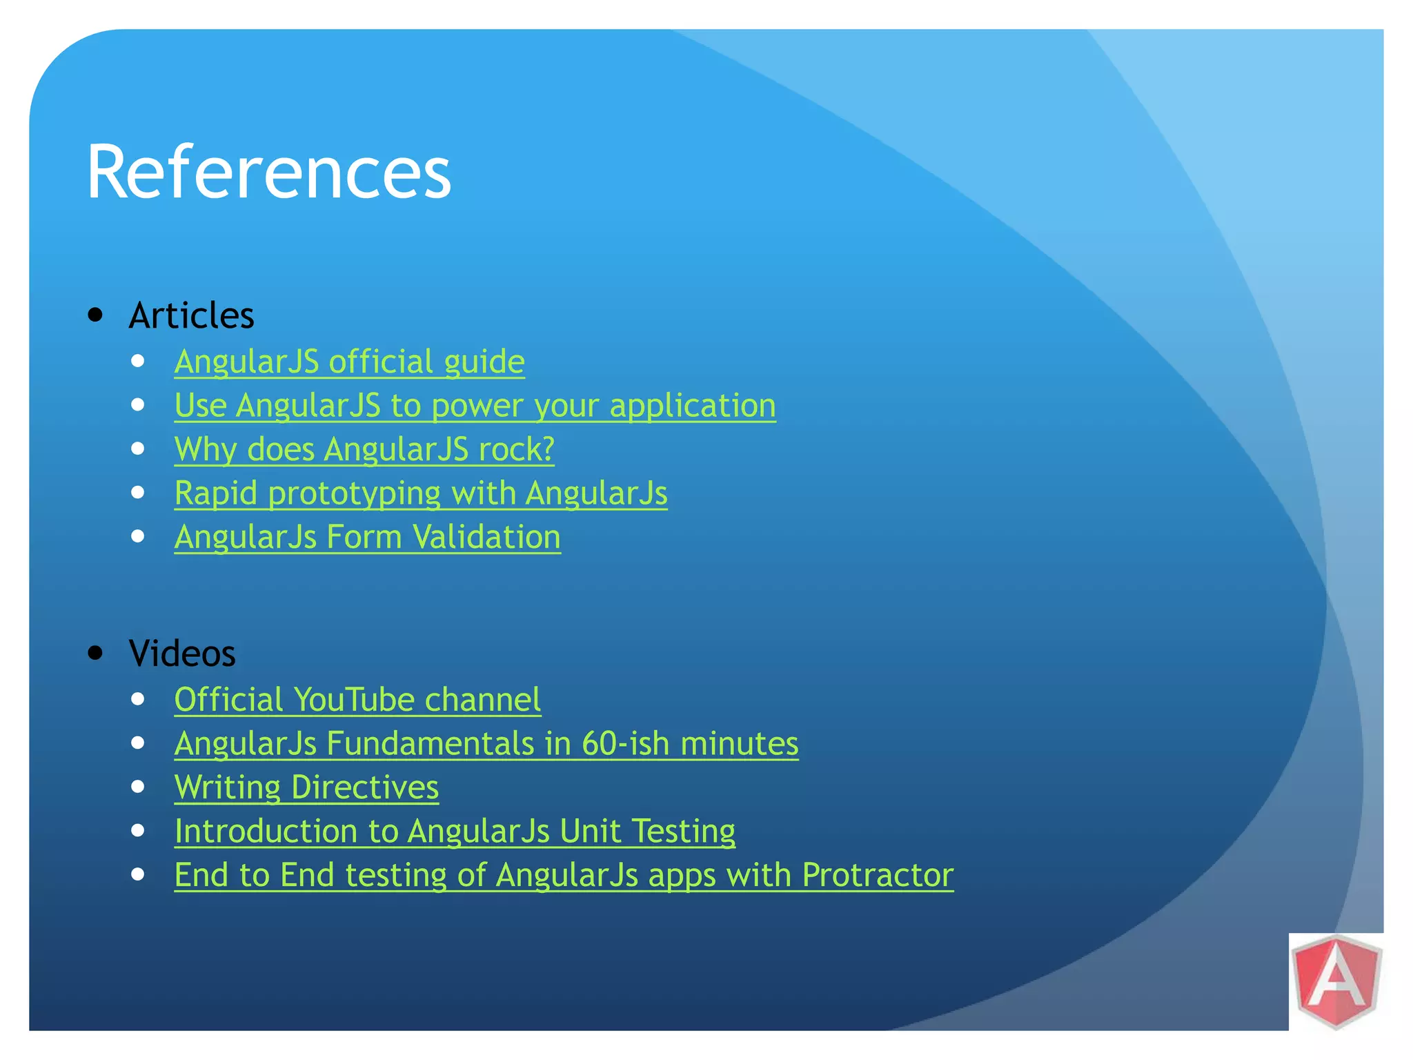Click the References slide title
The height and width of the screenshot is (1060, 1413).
pos(268,171)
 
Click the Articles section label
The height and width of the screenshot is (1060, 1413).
pos(191,315)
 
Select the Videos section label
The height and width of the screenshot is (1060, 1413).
pos(182,653)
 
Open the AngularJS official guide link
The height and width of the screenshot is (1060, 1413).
pos(349,362)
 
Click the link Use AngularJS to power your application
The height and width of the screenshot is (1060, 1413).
pos(475,405)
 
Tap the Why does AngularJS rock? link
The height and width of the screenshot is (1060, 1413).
pos(364,449)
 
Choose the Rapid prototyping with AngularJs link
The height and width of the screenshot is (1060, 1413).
pos(421,493)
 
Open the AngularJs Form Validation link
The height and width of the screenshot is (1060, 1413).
pos(367,537)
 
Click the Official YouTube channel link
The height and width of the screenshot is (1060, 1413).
pos(357,700)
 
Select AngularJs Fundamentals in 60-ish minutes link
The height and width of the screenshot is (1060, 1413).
pos(486,743)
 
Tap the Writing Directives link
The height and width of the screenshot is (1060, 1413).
pos(306,787)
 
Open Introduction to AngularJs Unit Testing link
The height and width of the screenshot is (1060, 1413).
pos(455,831)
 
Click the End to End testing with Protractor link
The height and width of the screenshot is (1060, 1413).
pos(564,875)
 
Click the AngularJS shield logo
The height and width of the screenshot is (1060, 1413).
pos(1336,981)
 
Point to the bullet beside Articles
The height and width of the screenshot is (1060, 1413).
pos(96,315)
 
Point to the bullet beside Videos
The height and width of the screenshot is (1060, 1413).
pos(96,653)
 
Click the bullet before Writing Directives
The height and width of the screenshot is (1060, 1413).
pos(138,787)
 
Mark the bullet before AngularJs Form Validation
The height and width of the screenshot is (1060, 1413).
pos(138,536)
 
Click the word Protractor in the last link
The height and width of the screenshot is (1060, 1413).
pos(878,875)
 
